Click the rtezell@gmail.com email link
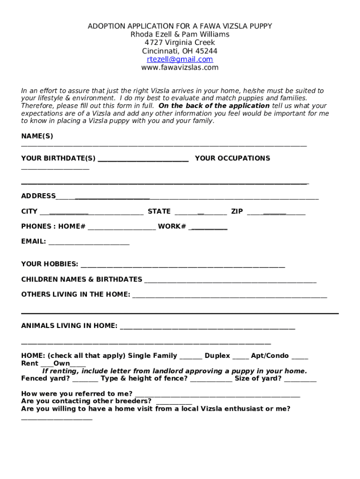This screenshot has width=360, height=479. tap(180, 59)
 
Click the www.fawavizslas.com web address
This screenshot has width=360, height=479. tap(180, 68)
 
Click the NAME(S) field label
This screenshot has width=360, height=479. tap(37, 136)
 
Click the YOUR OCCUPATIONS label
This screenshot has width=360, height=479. tap(232, 158)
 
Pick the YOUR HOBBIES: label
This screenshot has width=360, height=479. tap(50, 264)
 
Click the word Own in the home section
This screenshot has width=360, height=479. tap(62, 363)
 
